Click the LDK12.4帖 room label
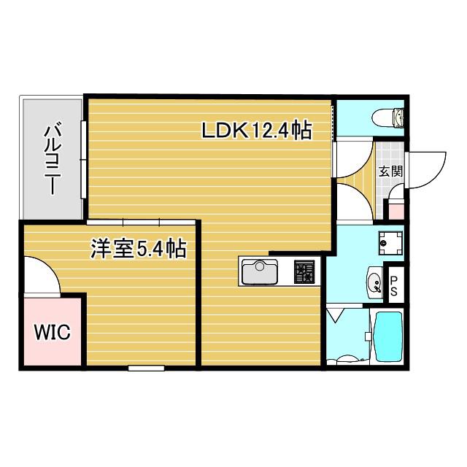(x=257, y=131)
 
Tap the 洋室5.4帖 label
(x=139, y=249)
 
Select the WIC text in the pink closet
(x=53, y=332)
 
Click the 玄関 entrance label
(x=390, y=171)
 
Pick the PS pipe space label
(x=394, y=285)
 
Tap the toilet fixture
(x=388, y=118)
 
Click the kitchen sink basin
(x=260, y=271)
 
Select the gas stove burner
(x=304, y=271)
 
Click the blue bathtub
(x=387, y=336)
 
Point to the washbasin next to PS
(x=374, y=282)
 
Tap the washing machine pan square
(x=390, y=243)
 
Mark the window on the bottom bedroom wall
(x=146, y=368)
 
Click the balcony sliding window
(x=84, y=159)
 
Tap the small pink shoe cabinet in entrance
(x=396, y=211)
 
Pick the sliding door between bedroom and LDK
(x=141, y=222)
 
